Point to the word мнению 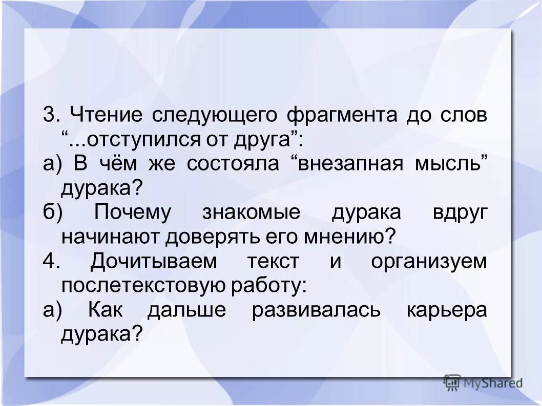click(x=356, y=237)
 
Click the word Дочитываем click(x=154, y=262)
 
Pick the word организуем click(x=429, y=262)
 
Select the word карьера click(x=447, y=311)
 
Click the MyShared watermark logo click(x=484, y=382)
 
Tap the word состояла click(x=233, y=164)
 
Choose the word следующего click(x=215, y=114)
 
